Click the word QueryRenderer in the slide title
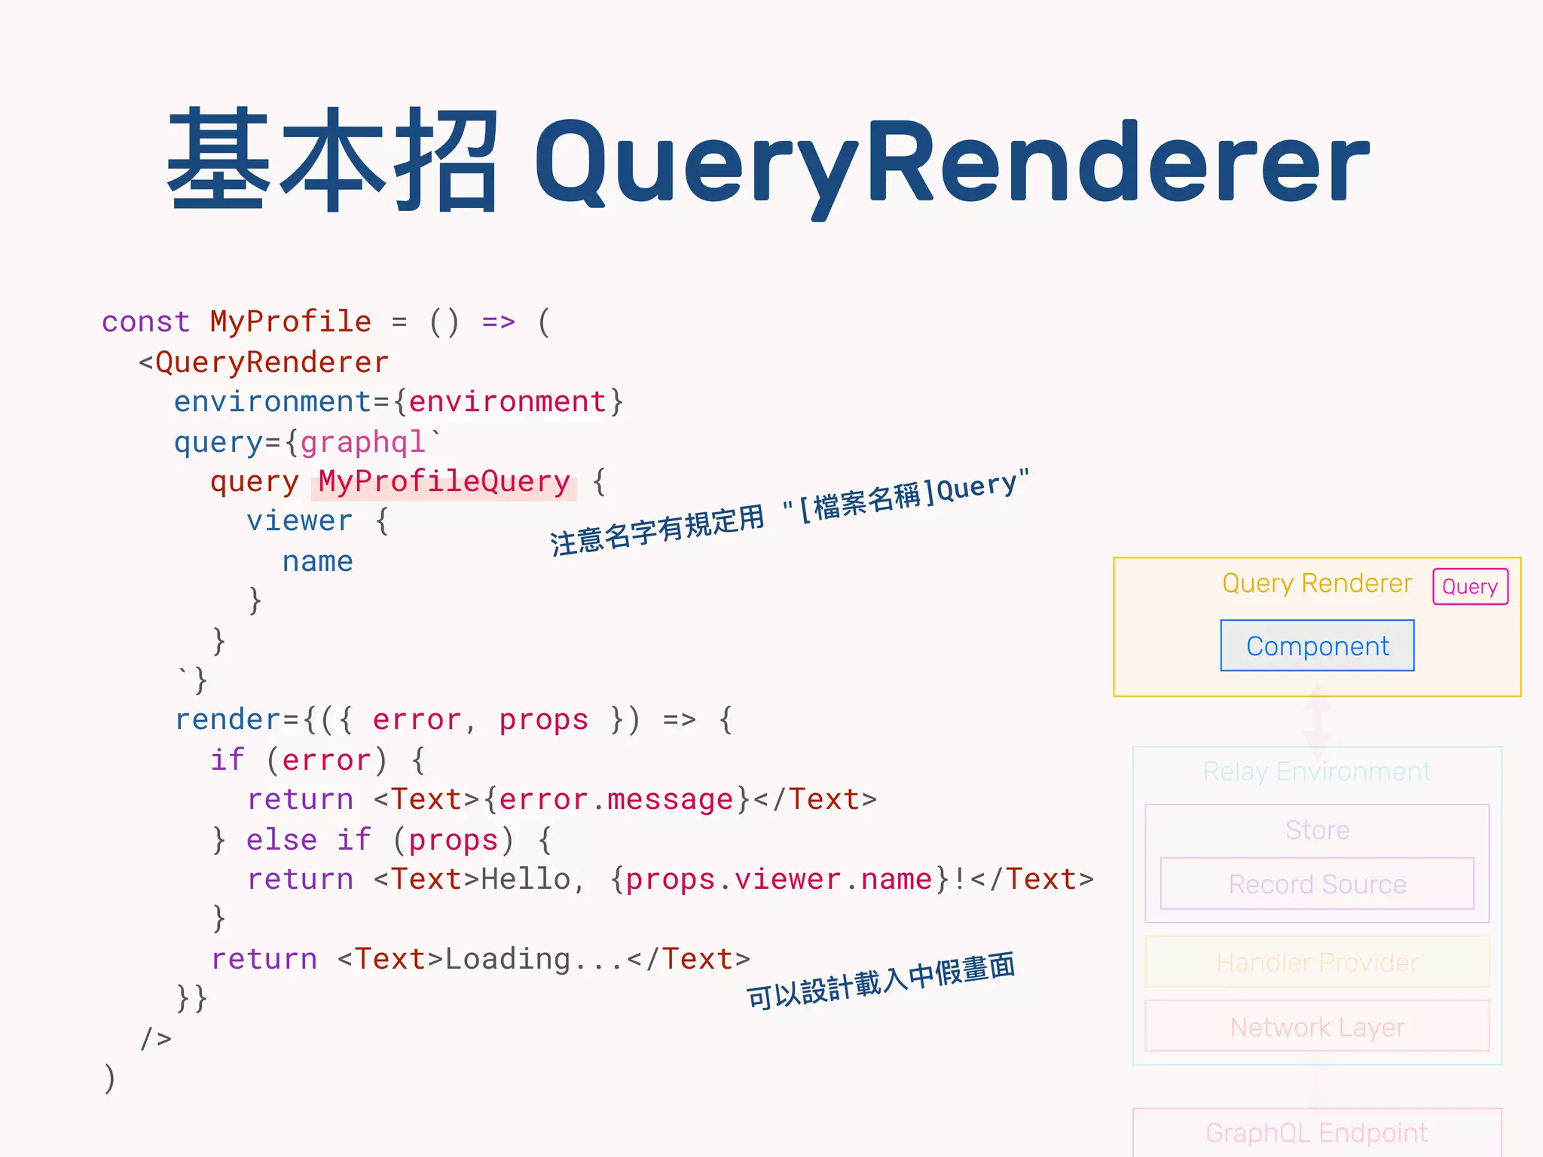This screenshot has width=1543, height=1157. (x=951, y=162)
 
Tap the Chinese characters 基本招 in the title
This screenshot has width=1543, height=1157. (x=332, y=160)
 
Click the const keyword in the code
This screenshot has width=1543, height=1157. (x=145, y=322)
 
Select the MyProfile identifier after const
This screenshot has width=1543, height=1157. (x=290, y=322)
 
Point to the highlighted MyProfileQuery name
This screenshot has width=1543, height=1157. (x=444, y=482)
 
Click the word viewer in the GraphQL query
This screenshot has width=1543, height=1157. (x=299, y=521)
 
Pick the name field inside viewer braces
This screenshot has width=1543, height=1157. (x=317, y=562)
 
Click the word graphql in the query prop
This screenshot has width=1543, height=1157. (x=362, y=442)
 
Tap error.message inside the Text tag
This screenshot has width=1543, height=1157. (x=616, y=800)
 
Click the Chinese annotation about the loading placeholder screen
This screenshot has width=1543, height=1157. (x=880, y=981)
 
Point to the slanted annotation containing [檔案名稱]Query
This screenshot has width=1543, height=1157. (x=789, y=512)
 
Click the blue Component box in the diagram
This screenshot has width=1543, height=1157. (x=1317, y=646)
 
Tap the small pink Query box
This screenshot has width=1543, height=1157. (x=1470, y=587)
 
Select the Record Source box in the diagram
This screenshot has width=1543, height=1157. (x=1317, y=884)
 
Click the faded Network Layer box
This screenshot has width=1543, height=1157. (x=1317, y=1027)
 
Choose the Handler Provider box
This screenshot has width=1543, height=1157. (x=1317, y=962)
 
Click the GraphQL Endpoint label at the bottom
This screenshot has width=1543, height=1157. (x=1317, y=1132)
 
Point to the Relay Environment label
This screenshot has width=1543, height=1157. (x=1317, y=772)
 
